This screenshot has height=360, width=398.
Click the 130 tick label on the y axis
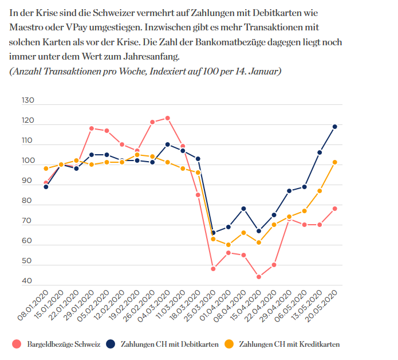(28, 100)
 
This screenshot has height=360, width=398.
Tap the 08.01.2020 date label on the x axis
(34, 304)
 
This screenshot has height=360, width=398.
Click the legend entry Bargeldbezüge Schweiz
(61, 344)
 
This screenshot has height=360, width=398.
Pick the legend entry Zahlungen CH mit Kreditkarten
(289, 344)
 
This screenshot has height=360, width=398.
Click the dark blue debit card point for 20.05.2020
(334, 127)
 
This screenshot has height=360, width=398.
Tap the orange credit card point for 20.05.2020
(334, 162)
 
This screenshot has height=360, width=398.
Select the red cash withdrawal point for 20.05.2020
(334, 209)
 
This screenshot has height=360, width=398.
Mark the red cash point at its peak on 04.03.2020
(167, 118)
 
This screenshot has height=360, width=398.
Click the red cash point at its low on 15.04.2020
(259, 277)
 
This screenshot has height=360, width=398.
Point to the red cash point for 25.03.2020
(213, 269)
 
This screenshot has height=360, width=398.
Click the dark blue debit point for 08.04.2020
(243, 209)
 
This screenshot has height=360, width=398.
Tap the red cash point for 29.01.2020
(92, 128)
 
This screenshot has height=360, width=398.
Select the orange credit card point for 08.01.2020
(46, 169)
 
